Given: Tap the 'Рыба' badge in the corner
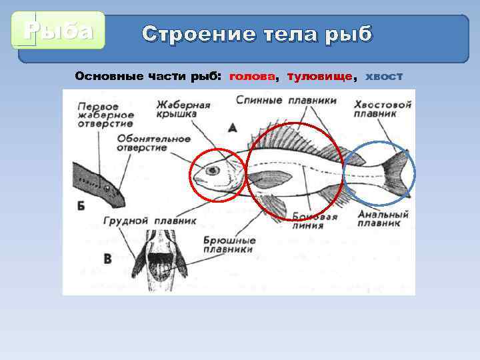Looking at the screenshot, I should pos(58,31).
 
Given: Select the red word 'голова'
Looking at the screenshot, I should pos(253,77).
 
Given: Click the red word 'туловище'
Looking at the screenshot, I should pos(319,77).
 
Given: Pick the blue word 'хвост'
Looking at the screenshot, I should pos(384,77).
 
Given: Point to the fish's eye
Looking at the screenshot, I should pos(212,171).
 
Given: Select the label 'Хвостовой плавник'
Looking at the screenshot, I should pos(383,109).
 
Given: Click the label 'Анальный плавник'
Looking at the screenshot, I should pos(382,219).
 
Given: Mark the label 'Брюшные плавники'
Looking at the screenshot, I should pos(228,245).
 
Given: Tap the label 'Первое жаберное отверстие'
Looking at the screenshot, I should pos(105,115).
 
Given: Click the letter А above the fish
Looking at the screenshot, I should pos(232,126).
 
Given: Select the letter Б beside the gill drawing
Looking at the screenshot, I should pos(81,205).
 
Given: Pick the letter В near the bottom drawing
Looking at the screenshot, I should pos(107,258).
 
